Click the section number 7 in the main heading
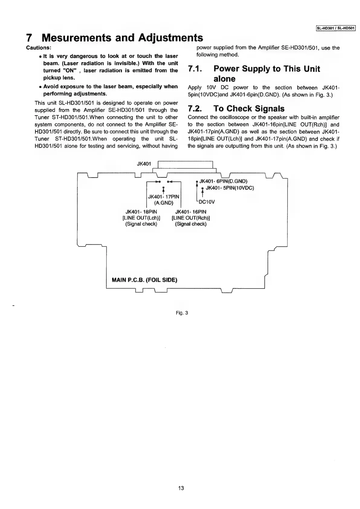click(x=29, y=38)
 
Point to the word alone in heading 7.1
click(x=224, y=79)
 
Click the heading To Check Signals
click(x=249, y=109)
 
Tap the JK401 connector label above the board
click(x=144, y=164)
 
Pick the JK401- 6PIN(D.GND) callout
click(x=223, y=181)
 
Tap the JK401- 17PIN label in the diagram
click(x=164, y=197)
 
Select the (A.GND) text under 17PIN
click(x=164, y=203)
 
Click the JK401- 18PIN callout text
click(x=141, y=212)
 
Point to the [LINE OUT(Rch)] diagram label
click(x=191, y=218)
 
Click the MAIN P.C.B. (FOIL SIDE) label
click(x=144, y=280)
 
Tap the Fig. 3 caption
click(x=182, y=313)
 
